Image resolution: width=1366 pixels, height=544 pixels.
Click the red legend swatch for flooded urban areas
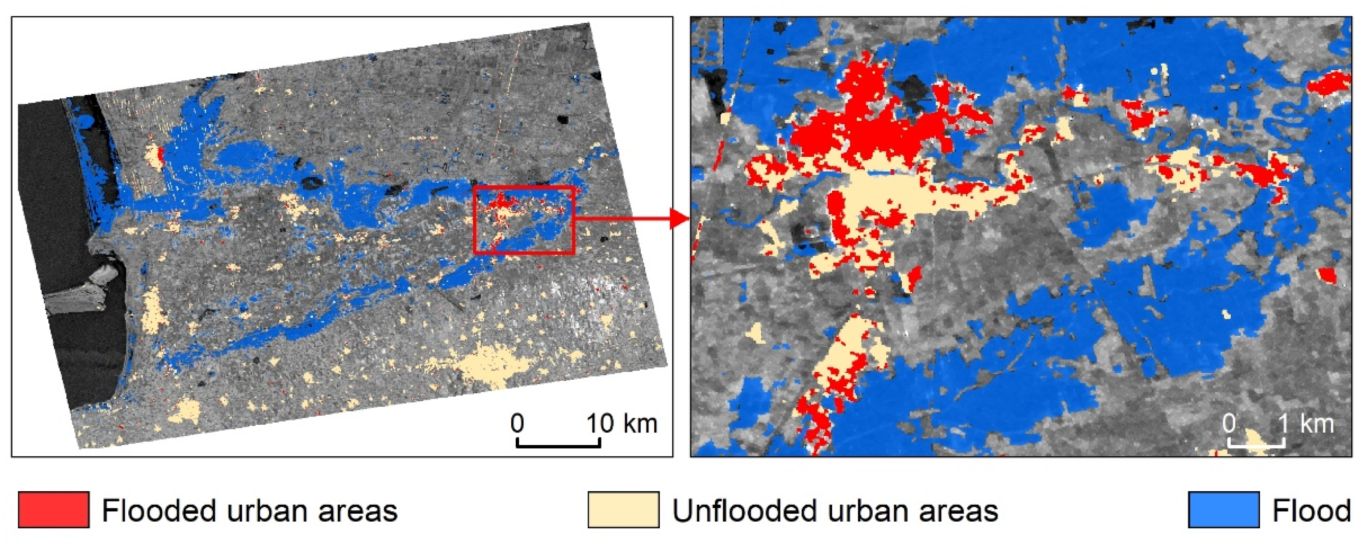point(53,509)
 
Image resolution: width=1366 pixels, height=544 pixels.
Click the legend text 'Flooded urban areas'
point(249,511)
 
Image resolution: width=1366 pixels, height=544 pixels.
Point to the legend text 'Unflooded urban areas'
point(835,511)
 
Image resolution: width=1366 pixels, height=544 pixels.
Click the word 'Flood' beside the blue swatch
point(1312,511)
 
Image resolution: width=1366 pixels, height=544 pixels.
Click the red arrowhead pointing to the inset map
point(679,218)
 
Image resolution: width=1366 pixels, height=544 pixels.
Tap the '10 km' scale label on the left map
point(621,423)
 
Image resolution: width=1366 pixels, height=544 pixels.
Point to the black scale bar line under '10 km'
point(558,445)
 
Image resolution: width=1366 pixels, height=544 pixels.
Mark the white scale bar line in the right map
point(1256,445)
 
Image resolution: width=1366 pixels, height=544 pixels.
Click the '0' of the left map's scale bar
point(517,423)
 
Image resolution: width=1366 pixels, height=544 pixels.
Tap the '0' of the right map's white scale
point(1229,423)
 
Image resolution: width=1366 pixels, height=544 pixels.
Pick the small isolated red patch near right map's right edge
point(1327,275)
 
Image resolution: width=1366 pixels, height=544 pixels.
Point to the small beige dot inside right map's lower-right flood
point(1226,314)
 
